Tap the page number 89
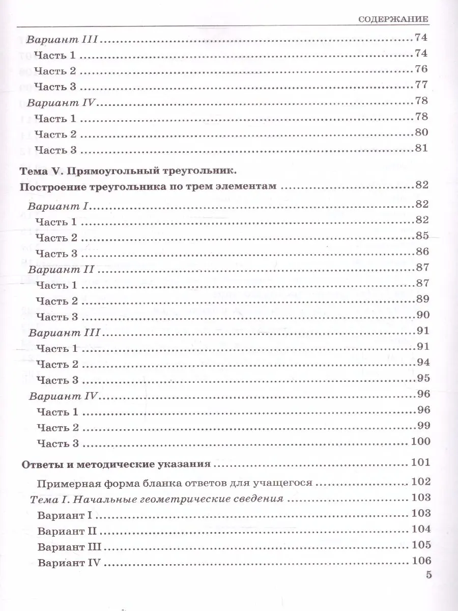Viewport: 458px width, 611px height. pos(422,299)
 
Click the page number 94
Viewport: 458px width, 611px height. pos(422,363)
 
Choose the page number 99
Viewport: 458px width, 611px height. pos(422,426)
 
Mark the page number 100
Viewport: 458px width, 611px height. pos(420,441)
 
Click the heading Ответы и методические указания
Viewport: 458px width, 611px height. pos(116,464)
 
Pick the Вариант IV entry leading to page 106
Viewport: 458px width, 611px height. pos(70,563)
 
